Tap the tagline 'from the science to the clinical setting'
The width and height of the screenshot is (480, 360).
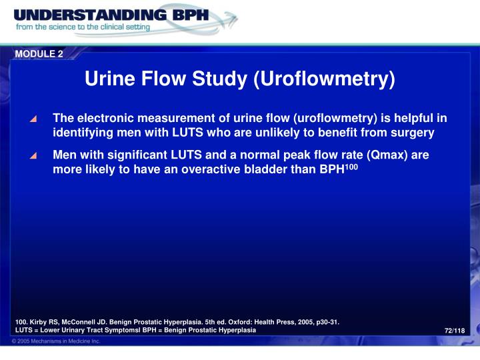coord(83,28)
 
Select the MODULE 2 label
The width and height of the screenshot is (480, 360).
coord(39,54)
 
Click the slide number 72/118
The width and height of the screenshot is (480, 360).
coord(454,331)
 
